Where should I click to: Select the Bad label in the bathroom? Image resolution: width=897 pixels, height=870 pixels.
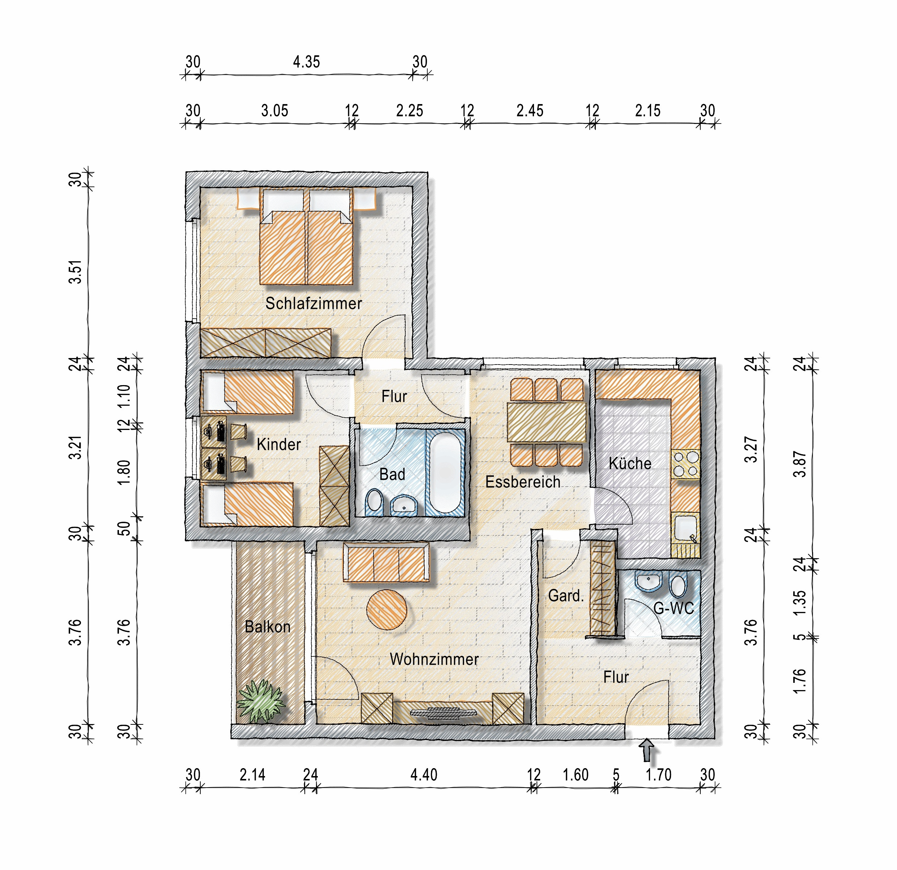(392, 474)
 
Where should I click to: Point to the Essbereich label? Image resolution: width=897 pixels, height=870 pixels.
(523, 482)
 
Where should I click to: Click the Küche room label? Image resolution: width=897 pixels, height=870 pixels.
(630, 463)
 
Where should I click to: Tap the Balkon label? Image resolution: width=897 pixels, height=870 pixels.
(268, 626)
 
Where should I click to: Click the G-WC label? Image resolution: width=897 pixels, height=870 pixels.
(674, 608)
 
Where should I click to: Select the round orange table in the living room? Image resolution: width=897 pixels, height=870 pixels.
(387, 610)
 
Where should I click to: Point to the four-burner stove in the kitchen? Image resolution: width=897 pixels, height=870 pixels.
(685, 464)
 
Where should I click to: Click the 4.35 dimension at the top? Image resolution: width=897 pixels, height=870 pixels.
(306, 62)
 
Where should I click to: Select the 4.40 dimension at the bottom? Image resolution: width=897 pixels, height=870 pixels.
(424, 775)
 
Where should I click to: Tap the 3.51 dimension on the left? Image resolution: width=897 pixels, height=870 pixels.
(76, 272)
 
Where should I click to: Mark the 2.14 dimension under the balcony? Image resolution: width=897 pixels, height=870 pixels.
(253, 775)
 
